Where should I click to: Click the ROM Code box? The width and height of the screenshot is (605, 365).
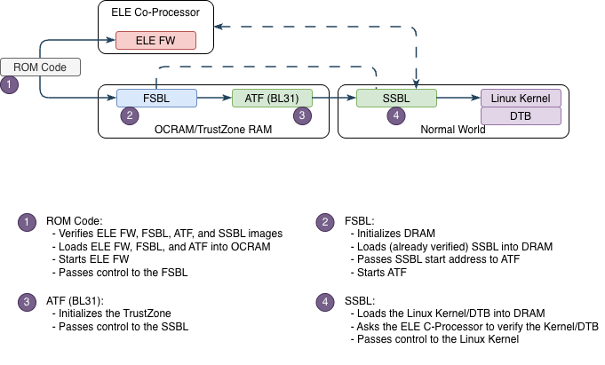click(x=40, y=67)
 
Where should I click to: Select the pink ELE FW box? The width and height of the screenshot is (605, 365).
click(x=155, y=40)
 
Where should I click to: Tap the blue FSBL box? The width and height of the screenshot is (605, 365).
click(x=156, y=99)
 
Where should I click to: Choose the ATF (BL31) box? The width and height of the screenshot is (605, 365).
click(x=272, y=99)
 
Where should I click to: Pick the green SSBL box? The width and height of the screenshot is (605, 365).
click(x=396, y=99)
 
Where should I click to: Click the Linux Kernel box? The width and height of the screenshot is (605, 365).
click(x=521, y=99)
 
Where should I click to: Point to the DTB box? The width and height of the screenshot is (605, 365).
click(x=521, y=116)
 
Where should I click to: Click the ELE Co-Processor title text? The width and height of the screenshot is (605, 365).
click(x=155, y=12)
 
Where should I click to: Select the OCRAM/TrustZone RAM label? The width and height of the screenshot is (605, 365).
click(x=214, y=130)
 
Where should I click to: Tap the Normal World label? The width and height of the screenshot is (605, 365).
click(x=453, y=130)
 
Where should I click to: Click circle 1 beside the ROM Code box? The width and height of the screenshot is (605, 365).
click(x=10, y=85)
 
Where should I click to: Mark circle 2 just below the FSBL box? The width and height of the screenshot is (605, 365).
click(x=131, y=115)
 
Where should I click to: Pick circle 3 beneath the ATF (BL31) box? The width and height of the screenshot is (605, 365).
click(x=303, y=115)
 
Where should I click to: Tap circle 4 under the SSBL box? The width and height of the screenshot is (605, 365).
click(x=396, y=115)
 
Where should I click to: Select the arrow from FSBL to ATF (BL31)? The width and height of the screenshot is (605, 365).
click(x=213, y=99)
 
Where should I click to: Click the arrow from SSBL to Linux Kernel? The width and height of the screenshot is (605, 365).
click(x=458, y=99)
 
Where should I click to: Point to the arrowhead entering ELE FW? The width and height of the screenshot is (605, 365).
click(x=112, y=40)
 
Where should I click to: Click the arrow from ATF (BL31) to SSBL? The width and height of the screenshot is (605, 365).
click(x=334, y=99)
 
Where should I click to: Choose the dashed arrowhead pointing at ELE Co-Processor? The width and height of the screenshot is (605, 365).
click(x=219, y=26)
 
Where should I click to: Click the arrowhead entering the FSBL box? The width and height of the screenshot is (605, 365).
click(x=112, y=99)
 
